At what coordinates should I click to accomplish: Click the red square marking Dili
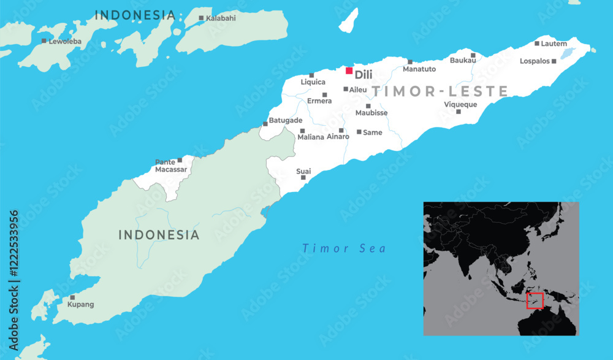(x=349, y=71)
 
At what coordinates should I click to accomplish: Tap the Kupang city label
(x=80, y=304)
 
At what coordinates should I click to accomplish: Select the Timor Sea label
(x=344, y=248)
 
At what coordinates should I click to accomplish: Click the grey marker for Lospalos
(x=554, y=61)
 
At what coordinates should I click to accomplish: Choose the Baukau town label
(x=463, y=60)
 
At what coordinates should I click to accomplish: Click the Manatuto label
(x=419, y=69)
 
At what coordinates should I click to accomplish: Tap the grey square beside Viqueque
(x=458, y=111)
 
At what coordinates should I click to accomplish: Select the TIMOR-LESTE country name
(x=440, y=91)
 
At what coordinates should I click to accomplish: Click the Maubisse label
(x=371, y=113)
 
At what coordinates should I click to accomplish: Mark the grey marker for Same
(x=359, y=132)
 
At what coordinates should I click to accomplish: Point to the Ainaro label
(x=338, y=137)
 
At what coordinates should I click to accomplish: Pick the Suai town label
(x=303, y=171)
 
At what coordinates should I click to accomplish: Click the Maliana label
(x=311, y=137)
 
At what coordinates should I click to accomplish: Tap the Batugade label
(x=286, y=121)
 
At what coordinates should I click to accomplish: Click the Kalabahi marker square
(x=201, y=18)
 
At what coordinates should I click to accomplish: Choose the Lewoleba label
(x=66, y=41)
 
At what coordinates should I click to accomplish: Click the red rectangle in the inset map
(x=535, y=301)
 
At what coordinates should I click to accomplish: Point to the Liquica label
(x=313, y=82)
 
